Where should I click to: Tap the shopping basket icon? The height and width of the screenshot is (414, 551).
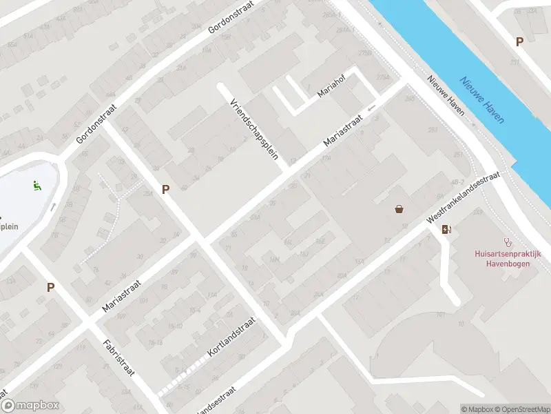pos(399,209)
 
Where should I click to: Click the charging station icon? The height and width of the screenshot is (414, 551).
pos(446,230)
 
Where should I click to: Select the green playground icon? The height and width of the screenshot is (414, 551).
pos(36,185)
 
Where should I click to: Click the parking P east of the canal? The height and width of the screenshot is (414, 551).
pos(519,41)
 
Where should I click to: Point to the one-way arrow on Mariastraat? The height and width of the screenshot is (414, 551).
pos(372,108)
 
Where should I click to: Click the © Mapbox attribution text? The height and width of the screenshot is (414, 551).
pos(477,409)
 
